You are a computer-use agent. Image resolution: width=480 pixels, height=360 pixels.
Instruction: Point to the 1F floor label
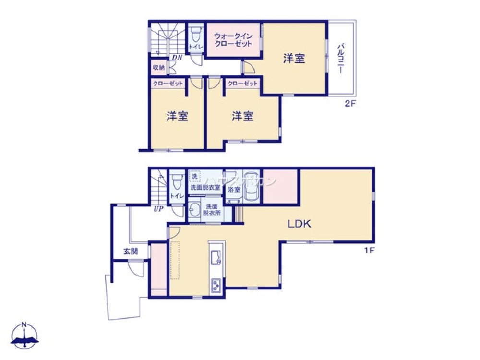point(368,250)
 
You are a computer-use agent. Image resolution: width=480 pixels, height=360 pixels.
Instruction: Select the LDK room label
point(300,223)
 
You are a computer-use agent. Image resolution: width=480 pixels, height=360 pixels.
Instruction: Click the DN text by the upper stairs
point(177,58)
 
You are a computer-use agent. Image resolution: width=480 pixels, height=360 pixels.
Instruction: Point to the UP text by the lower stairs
point(157,209)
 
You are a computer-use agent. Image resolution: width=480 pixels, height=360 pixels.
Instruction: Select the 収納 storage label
point(158,67)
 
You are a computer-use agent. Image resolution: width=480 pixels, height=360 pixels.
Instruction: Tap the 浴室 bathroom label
point(234,190)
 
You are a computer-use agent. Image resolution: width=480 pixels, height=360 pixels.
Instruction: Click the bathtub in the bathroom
point(252,186)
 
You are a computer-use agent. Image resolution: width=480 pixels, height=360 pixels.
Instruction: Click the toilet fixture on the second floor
point(195,35)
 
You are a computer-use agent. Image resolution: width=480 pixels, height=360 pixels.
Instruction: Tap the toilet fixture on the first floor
point(177,182)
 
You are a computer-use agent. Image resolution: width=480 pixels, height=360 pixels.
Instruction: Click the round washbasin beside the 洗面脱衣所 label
point(194,210)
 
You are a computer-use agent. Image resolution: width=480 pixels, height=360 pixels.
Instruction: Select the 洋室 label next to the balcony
point(294,59)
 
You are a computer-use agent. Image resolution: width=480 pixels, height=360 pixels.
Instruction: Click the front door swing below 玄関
point(137,269)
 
